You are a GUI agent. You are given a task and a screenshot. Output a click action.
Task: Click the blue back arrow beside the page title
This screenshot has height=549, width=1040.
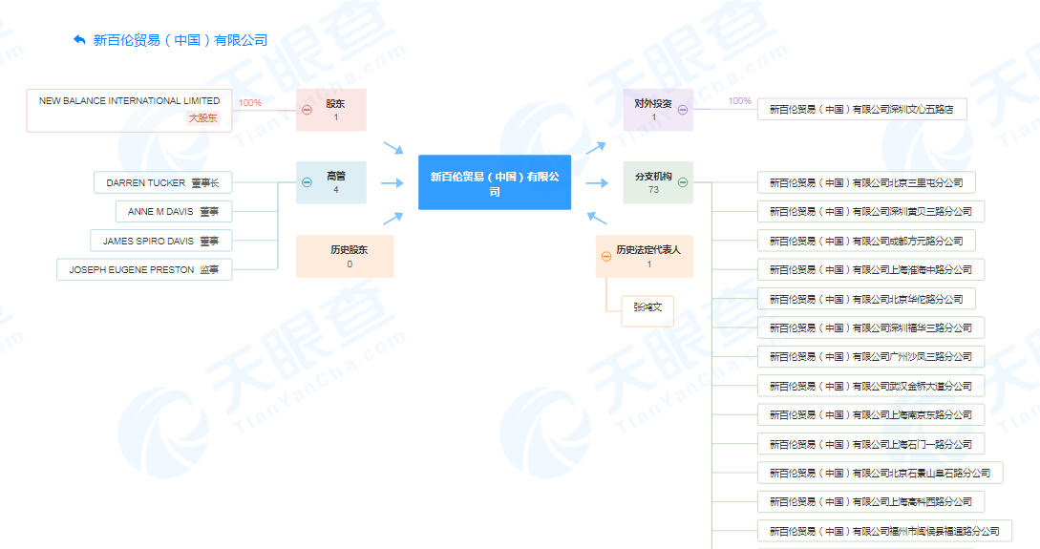pyautogui.click(x=79, y=40)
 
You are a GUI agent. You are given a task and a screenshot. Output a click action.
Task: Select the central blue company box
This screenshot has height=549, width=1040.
pyautogui.click(x=494, y=182)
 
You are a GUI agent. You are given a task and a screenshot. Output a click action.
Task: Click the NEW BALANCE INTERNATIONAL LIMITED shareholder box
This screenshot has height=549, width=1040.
pyautogui.click(x=129, y=111)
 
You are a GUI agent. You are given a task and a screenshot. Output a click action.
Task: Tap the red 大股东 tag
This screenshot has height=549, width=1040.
pyautogui.click(x=203, y=118)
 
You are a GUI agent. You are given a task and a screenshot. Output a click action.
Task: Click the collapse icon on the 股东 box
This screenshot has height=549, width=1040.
pyautogui.click(x=308, y=110)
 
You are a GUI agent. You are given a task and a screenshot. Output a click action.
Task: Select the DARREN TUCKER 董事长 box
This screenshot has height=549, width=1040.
pyautogui.click(x=163, y=182)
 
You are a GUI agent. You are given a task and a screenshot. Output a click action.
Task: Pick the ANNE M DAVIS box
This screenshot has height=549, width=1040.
pyautogui.click(x=174, y=212)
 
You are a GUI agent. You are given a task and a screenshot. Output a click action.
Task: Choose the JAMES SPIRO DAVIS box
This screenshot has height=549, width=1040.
pyautogui.click(x=161, y=241)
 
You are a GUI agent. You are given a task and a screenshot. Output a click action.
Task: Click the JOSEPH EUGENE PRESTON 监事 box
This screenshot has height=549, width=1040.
pyautogui.click(x=144, y=270)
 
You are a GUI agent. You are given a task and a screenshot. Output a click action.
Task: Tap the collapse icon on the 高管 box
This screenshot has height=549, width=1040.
pyautogui.click(x=308, y=182)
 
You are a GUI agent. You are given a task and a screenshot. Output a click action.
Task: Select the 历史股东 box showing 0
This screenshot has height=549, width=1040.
pyautogui.click(x=345, y=256)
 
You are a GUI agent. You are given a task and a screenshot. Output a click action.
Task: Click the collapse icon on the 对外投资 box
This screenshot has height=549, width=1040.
pyautogui.click(x=683, y=110)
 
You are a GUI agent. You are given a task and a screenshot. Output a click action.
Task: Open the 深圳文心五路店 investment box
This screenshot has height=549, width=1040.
pyautogui.click(x=862, y=110)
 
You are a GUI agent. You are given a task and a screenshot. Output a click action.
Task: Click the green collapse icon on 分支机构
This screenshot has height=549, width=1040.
pyautogui.click(x=683, y=182)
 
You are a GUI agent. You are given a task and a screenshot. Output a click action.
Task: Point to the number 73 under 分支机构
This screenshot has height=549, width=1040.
pyautogui.click(x=653, y=190)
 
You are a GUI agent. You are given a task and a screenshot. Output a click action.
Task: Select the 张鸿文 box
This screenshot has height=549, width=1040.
pyautogui.click(x=647, y=311)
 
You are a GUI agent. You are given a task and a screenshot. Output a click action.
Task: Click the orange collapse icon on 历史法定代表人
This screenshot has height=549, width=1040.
pyautogui.click(x=606, y=257)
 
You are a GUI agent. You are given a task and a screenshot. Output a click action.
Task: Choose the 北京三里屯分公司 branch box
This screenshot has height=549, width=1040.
pyautogui.click(x=866, y=182)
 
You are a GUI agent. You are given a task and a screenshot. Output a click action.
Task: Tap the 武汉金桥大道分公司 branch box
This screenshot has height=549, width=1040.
pyautogui.click(x=871, y=386)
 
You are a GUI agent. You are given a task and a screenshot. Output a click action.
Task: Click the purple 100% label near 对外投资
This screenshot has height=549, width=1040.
pyautogui.click(x=739, y=101)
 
